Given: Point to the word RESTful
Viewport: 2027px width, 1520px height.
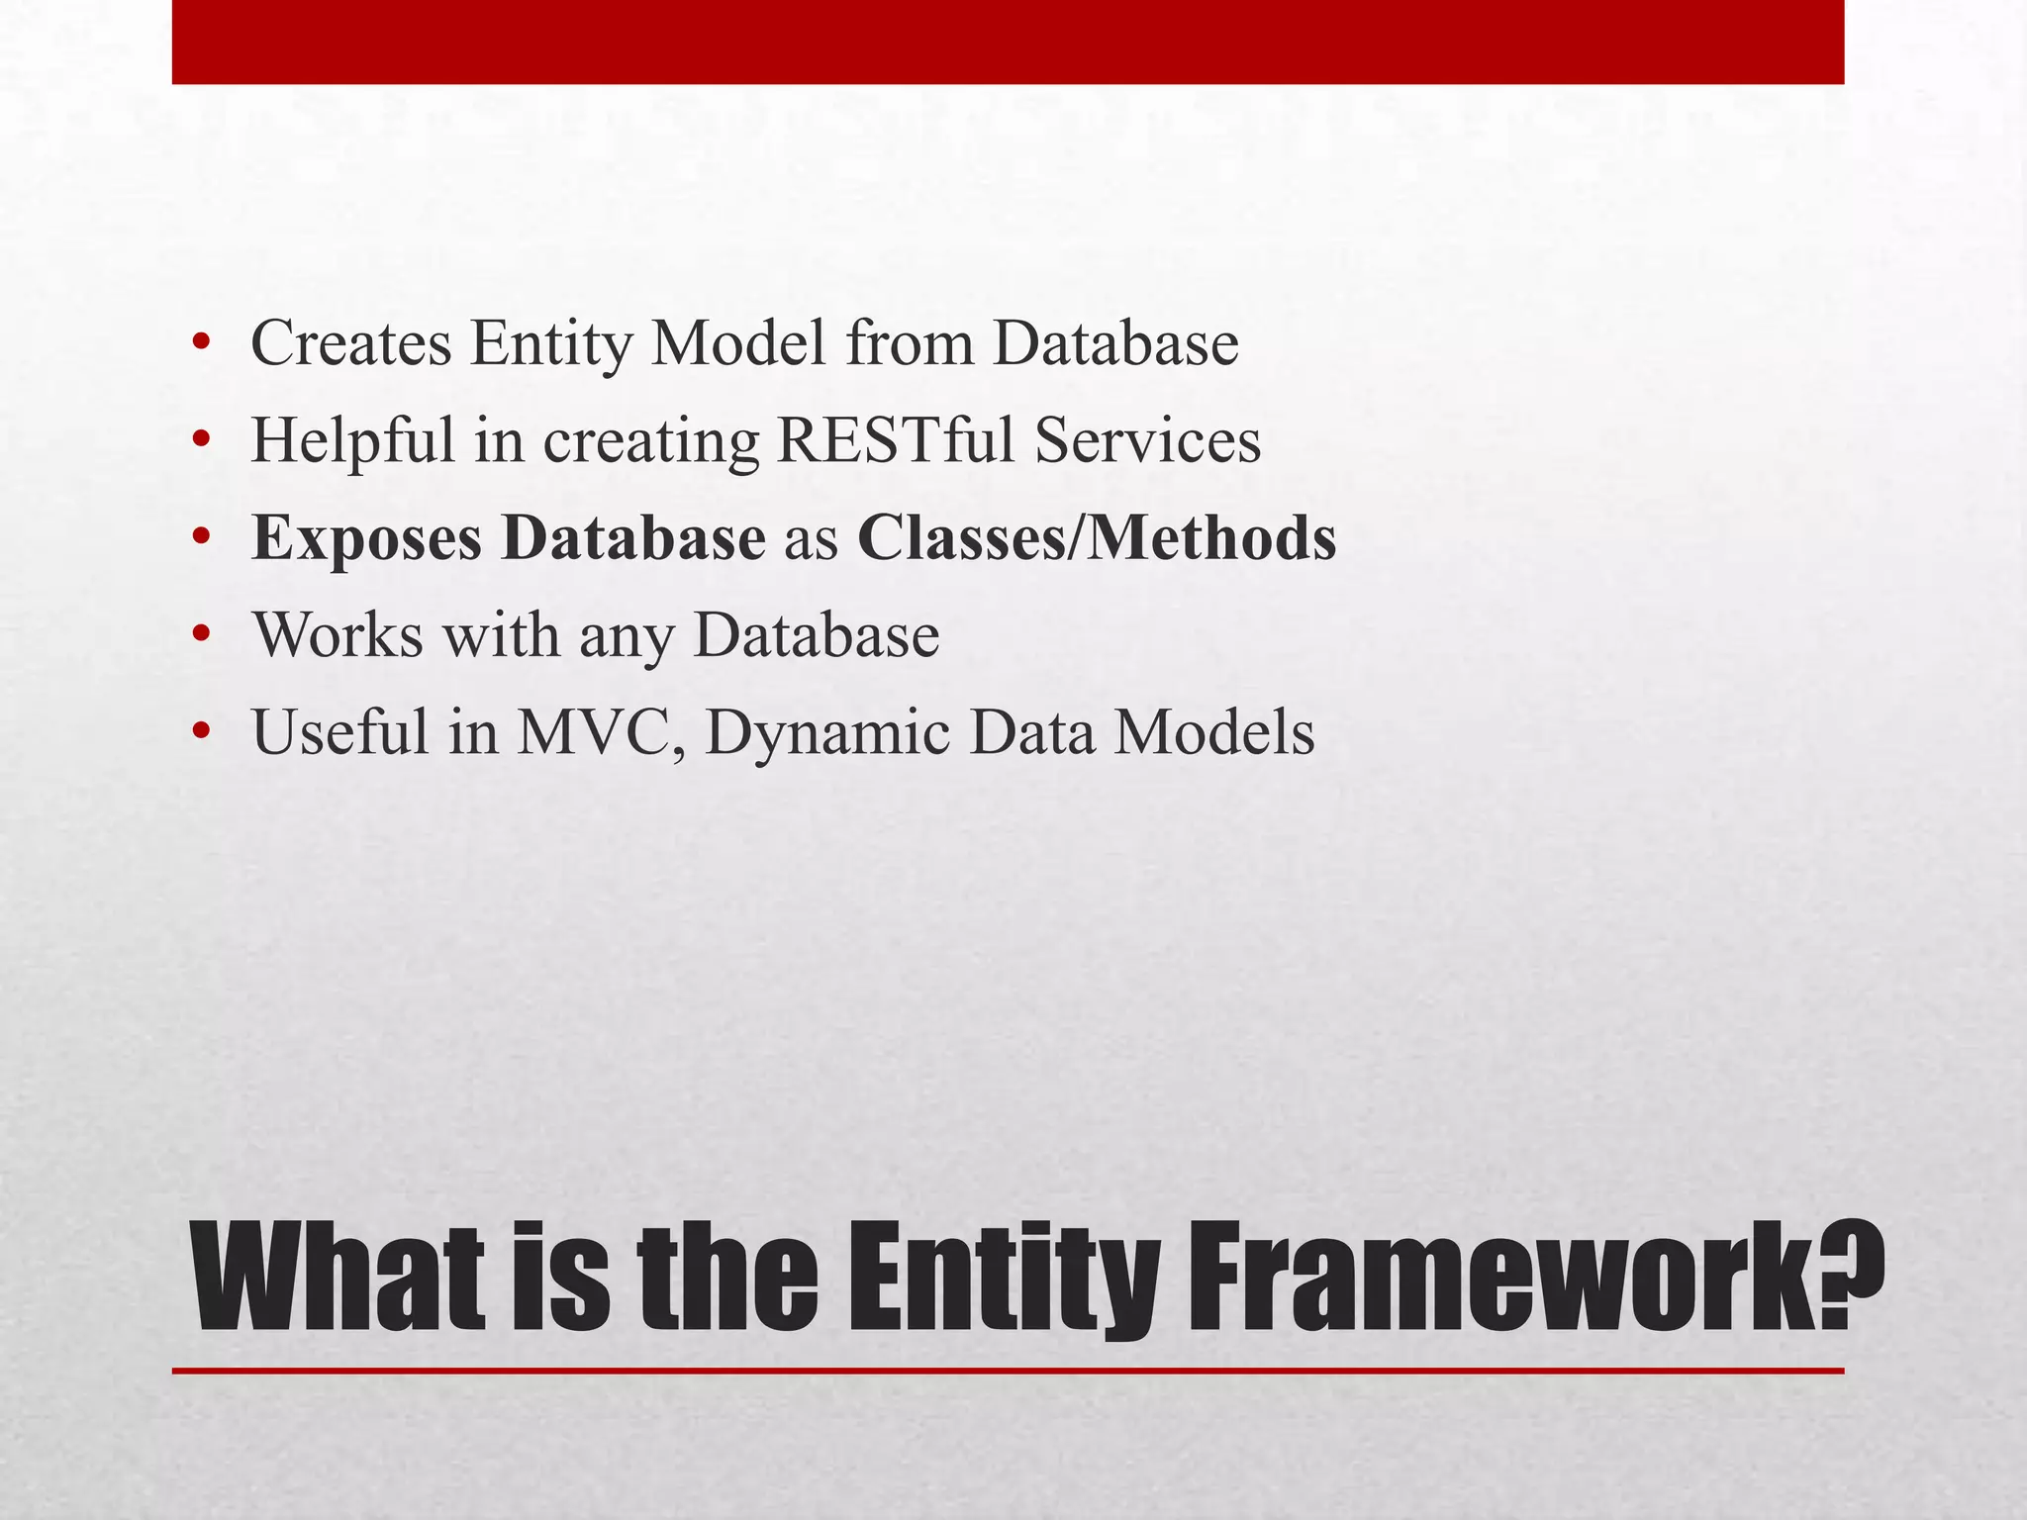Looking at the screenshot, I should pyautogui.click(x=896, y=440).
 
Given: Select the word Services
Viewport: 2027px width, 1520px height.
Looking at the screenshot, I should pyautogui.click(x=1148, y=440).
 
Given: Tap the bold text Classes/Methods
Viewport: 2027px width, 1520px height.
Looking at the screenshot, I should pyautogui.click(x=1097, y=538).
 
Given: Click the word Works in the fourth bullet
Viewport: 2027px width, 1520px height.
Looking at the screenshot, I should pyautogui.click(x=338, y=635).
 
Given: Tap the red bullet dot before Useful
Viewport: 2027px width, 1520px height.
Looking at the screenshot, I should pyautogui.click(x=202, y=734).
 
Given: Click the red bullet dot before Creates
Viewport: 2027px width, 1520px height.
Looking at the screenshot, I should pyautogui.click(x=202, y=344).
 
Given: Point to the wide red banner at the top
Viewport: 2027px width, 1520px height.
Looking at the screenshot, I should pyautogui.click(x=1008, y=42).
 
